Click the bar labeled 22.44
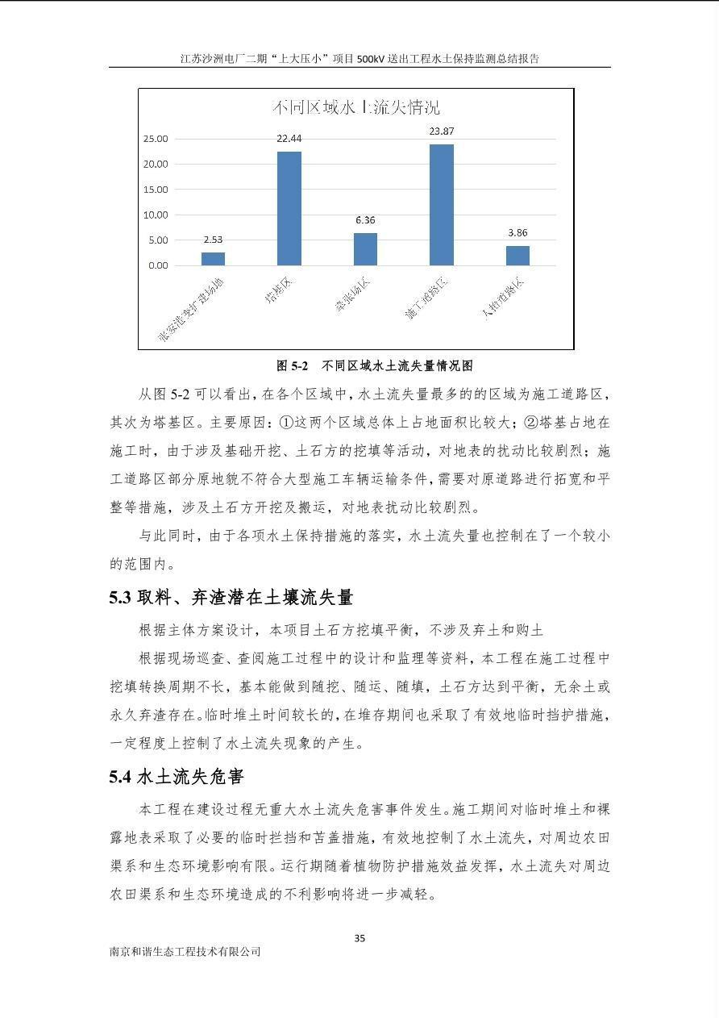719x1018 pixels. (x=289, y=208)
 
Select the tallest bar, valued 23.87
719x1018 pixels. (x=441, y=205)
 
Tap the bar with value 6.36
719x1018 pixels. (x=365, y=248)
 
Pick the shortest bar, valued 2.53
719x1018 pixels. (x=213, y=258)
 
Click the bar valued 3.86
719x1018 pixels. (x=517, y=255)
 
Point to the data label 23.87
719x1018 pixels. (x=441, y=131)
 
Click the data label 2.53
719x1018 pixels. (x=213, y=239)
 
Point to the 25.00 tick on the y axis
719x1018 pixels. (x=156, y=139)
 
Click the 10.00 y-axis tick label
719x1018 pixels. (x=156, y=215)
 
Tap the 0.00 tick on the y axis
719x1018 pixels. (x=158, y=265)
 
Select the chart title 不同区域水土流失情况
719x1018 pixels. (x=356, y=107)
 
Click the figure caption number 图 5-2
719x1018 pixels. (x=293, y=365)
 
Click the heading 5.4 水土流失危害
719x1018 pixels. (x=177, y=777)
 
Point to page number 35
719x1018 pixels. (x=359, y=938)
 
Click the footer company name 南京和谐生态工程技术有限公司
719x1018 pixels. (x=185, y=952)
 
